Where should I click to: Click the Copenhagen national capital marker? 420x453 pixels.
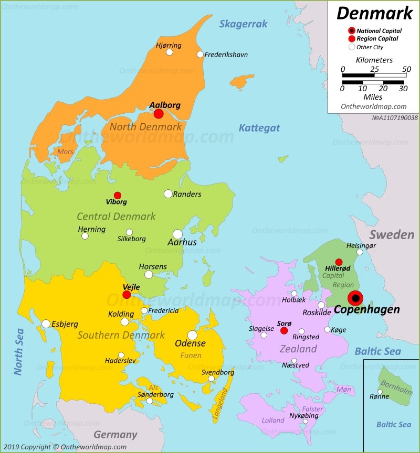coord(355,298)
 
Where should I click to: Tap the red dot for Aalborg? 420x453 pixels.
coord(158,114)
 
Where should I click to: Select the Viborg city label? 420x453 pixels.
coord(117,202)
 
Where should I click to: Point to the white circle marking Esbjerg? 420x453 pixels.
coord(46,323)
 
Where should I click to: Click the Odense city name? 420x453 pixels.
coord(190,344)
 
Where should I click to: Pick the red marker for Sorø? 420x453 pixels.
coord(284,330)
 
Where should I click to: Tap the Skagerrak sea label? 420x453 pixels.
coord(243,24)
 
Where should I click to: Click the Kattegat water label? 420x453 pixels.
coord(259,128)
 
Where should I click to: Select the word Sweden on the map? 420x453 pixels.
coord(391,234)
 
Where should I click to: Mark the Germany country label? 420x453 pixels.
coord(115,435)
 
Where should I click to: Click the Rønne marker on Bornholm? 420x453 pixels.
coord(380,391)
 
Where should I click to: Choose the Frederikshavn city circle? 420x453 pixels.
coord(200,55)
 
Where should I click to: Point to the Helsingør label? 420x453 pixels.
coord(361,245)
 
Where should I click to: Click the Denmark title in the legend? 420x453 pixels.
coord(374,13)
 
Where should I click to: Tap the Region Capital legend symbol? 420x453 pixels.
coord(352,39)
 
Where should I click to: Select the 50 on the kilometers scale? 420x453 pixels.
coord(406,69)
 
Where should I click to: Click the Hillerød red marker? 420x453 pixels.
coord(339,262)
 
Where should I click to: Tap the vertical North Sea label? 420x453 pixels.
coord(19,351)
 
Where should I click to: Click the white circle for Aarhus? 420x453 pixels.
coord(177,234)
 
